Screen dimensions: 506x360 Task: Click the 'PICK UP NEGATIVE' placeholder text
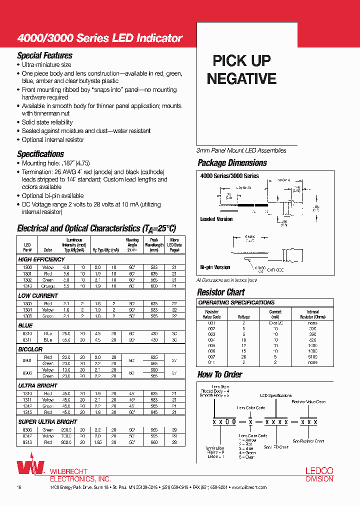click(241, 69)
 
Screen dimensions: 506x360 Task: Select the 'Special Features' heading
click(44, 55)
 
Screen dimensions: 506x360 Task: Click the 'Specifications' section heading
click(40, 154)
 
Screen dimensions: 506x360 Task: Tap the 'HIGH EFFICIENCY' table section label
click(41, 259)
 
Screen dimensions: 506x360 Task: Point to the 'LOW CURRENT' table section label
click(38, 296)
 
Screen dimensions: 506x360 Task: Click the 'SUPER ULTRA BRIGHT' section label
click(47, 421)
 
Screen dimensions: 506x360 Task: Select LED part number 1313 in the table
click(28, 286)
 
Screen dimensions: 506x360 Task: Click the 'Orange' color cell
click(48, 286)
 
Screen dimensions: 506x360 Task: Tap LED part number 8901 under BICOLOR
click(28, 360)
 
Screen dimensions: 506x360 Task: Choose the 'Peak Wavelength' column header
click(154, 242)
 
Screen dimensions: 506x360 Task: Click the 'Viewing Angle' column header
click(132, 242)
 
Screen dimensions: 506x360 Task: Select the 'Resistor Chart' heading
click(221, 292)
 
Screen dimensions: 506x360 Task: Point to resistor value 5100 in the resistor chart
click(313, 356)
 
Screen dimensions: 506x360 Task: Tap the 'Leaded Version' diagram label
click(216, 219)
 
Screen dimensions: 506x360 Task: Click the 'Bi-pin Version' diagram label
click(215, 267)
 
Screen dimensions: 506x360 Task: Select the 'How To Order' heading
click(219, 374)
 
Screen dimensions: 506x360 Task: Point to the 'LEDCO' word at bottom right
click(319, 471)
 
